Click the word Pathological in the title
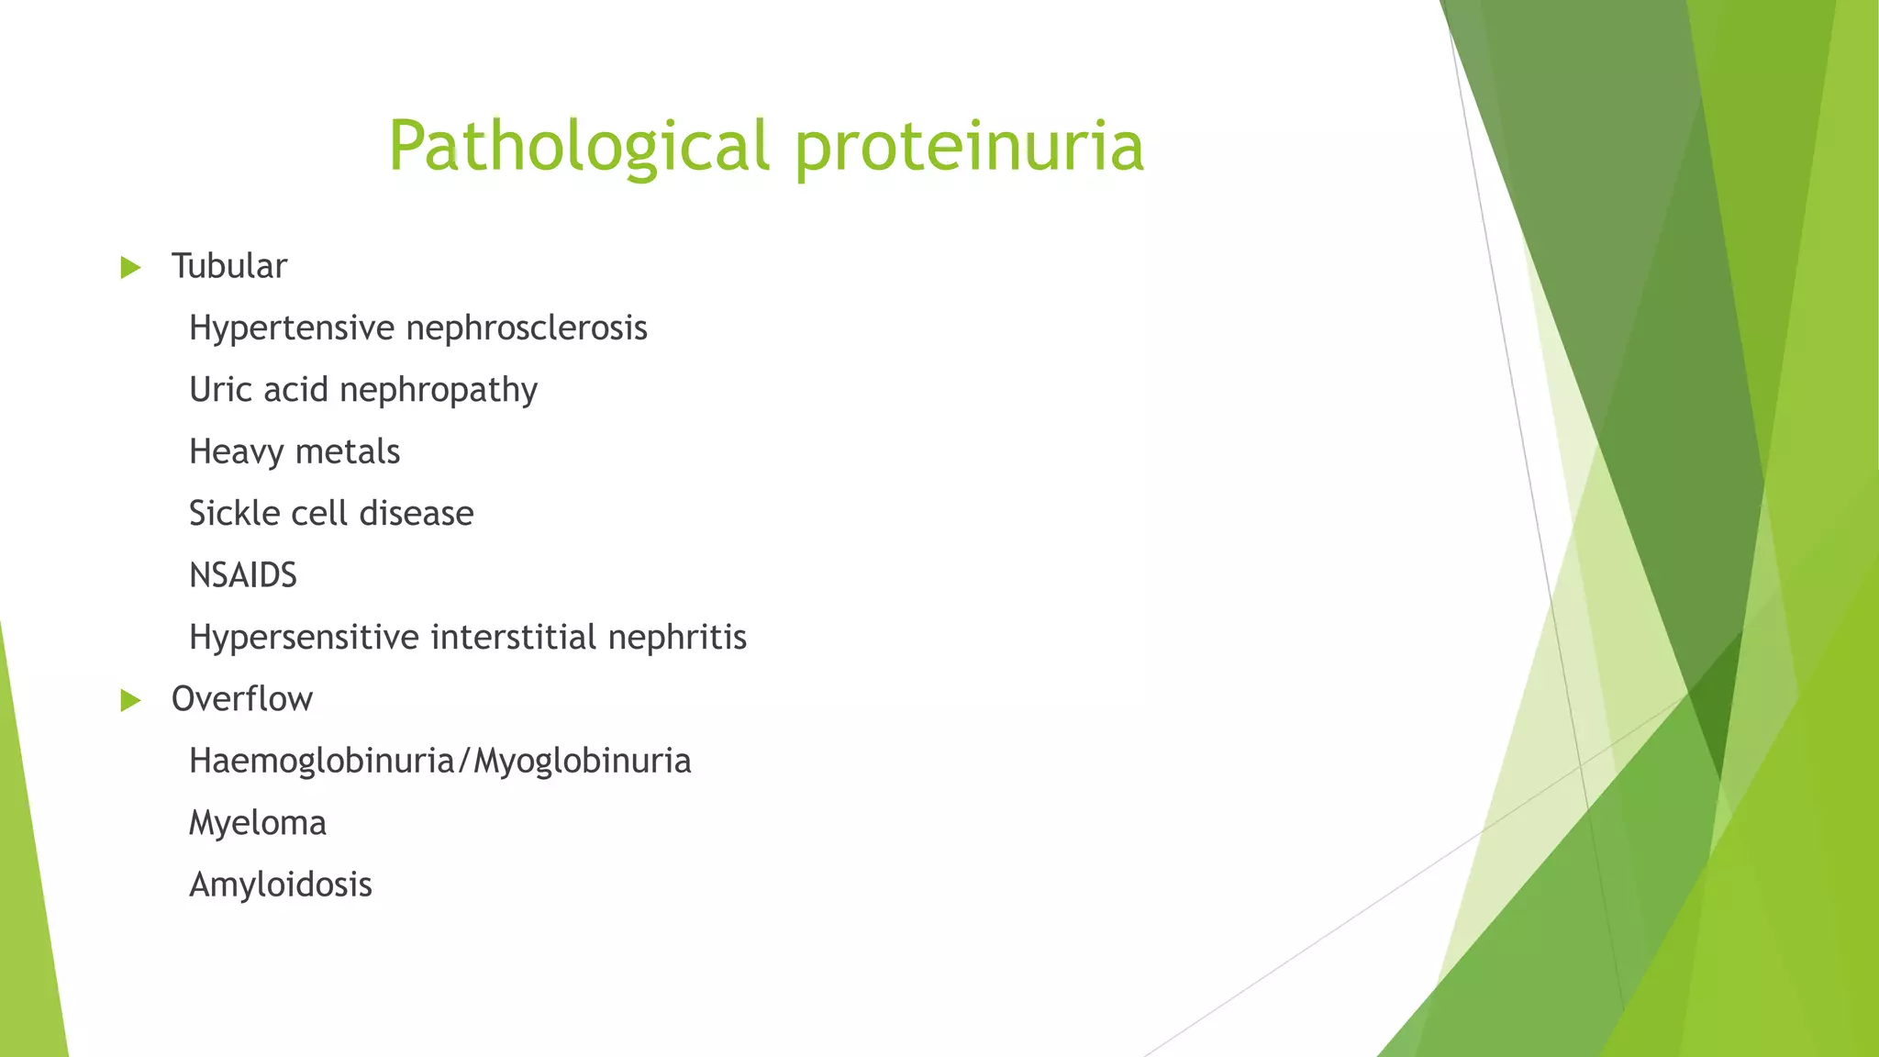point(578,147)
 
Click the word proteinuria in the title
point(969,147)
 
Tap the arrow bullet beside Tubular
point(131,268)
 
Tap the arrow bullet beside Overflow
point(131,701)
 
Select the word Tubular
point(229,266)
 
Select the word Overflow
point(242,699)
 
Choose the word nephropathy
point(438,390)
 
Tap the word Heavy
point(236,452)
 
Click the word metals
point(348,451)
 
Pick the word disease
point(417,513)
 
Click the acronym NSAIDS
point(243,575)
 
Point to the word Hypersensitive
point(304,637)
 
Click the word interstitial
point(513,637)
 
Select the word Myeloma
point(258,823)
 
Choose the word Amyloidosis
point(281,885)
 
